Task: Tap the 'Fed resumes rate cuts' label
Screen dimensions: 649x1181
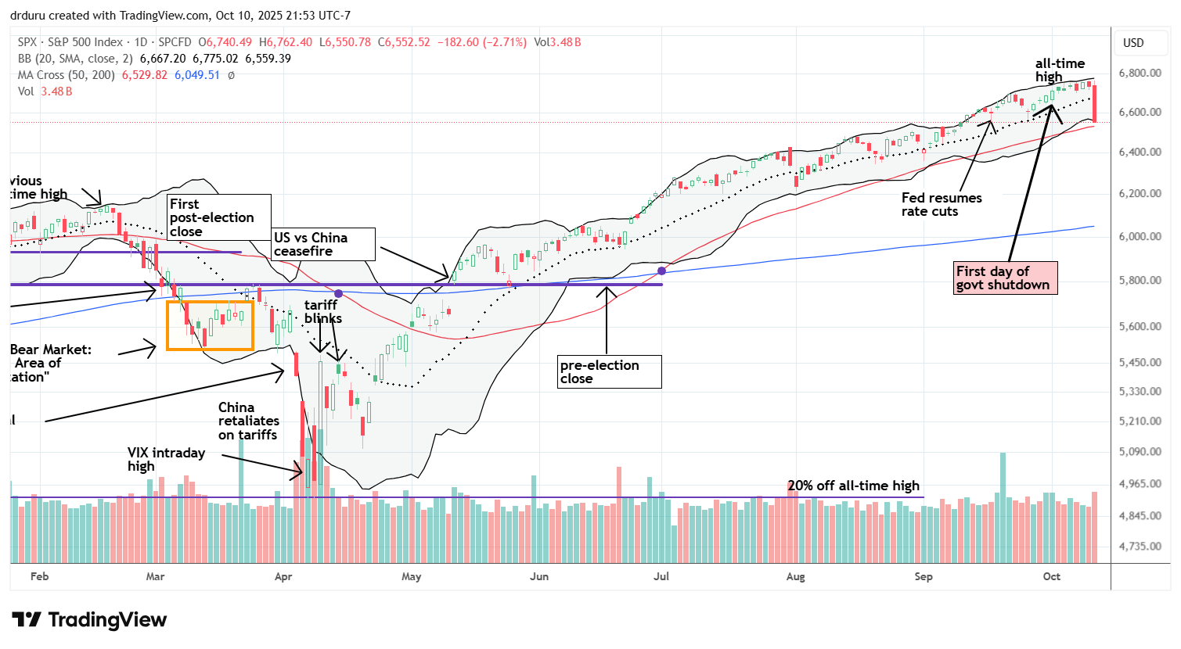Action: click(941, 205)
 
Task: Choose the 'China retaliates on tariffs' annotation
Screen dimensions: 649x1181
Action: click(248, 421)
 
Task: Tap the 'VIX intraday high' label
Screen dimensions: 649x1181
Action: click(166, 459)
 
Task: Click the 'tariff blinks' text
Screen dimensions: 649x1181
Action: click(322, 311)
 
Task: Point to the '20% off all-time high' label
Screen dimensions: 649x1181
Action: click(853, 486)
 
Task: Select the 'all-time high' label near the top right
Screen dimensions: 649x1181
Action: click(1059, 70)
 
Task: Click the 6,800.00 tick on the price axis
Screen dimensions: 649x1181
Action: click(1139, 73)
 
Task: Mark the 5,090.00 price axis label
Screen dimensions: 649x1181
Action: click(1139, 451)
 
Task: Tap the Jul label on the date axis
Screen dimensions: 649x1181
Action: click(661, 576)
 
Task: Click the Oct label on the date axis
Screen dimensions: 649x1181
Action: click(1051, 576)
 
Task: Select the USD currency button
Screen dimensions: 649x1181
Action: click(1133, 43)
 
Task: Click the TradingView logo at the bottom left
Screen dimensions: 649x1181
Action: click(89, 620)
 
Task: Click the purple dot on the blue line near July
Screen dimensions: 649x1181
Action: click(662, 271)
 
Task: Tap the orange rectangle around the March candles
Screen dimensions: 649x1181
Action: click(210, 325)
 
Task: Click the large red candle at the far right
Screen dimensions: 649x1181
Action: click(1094, 103)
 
